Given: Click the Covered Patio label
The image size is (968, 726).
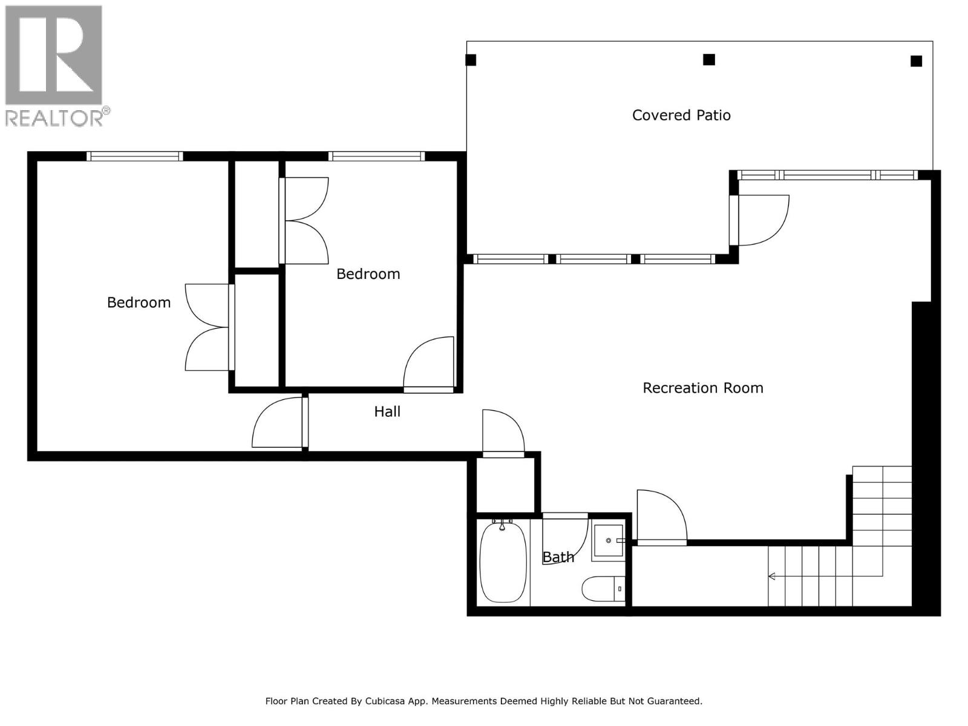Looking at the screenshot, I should pos(681,115).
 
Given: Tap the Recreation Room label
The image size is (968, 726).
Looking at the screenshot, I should pos(702,388).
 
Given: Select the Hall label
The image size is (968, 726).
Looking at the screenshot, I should pos(387,411).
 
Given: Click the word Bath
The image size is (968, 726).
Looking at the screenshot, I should pos(558,557).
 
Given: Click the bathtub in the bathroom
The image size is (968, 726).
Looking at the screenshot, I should pos(502,563).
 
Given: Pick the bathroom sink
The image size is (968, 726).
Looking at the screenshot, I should pos(607,540).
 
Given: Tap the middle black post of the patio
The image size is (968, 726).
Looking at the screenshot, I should pos(709,59).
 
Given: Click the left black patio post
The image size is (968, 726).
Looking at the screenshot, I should pos(471,60).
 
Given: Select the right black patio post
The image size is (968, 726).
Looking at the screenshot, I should pos(916,60).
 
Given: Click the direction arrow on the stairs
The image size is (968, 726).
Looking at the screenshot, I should pos(773,577).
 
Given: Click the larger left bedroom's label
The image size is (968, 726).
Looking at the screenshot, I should pos(139,302).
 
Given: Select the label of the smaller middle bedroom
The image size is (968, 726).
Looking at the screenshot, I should pos(368,274).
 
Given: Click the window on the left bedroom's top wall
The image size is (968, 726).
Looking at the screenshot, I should pos(134,156).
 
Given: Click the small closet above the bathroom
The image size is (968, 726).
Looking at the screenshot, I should pos(505,485).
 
